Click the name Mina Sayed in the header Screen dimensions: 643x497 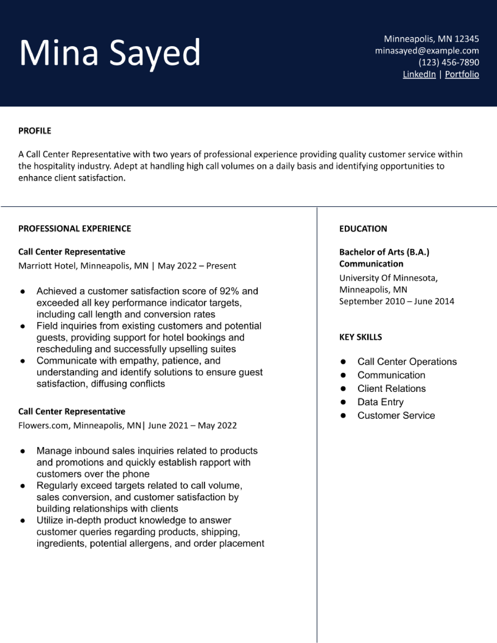[110, 53]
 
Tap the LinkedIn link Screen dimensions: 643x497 [419, 74]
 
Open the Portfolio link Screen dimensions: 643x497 [462, 74]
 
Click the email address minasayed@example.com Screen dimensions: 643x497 [427, 51]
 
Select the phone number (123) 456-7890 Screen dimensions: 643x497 [448, 62]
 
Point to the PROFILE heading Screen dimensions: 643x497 [35, 131]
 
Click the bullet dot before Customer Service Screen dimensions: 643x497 [343, 415]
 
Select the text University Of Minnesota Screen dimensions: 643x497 [388, 278]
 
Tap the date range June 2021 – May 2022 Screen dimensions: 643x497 [192, 425]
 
